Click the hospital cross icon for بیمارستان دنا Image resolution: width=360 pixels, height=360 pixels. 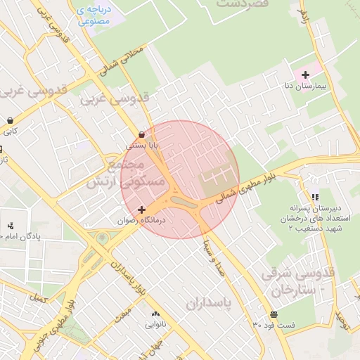click(x=304, y=74)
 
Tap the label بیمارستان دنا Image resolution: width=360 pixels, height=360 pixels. click(x=304, y=86)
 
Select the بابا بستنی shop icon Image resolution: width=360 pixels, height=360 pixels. click(x=142, y=134)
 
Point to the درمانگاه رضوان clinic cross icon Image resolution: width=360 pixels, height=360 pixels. click(x=142, y=210)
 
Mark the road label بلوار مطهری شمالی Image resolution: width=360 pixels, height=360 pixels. click(x=245, y=189)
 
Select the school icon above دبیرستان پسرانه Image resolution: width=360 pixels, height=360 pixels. click(x=314, y=198)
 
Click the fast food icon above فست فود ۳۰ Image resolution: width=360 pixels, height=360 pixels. click(x=273, y=314)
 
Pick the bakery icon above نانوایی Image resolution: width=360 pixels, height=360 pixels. click(x=155, y=314)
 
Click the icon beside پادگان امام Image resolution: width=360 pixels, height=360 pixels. click(x=10, y=226)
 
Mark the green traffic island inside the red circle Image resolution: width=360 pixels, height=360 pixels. click(x=184, y=205)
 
